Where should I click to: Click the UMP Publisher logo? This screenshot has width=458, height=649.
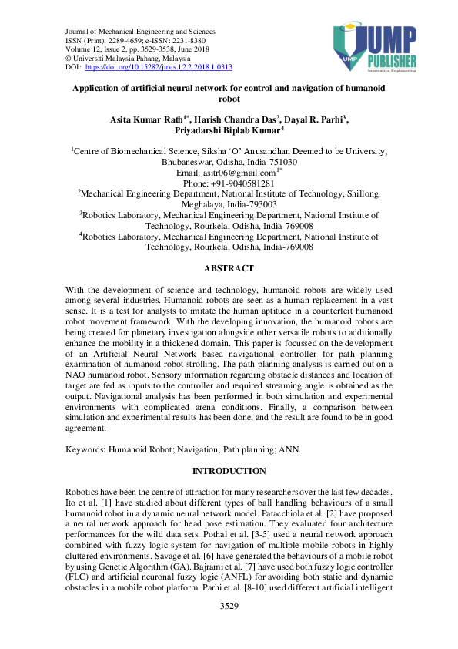pyautogui.click(x=375, y=48)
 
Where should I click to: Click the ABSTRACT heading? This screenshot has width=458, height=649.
pyautogui.click(x=229, y=268)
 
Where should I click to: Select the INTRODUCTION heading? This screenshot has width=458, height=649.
pyautogui.click(x=229, y=471)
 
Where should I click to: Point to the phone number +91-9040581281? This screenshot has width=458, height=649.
pyautogui.click(x=229, y=184)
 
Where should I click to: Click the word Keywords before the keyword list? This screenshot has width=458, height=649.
pyautogui.click(x=85, y=448)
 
